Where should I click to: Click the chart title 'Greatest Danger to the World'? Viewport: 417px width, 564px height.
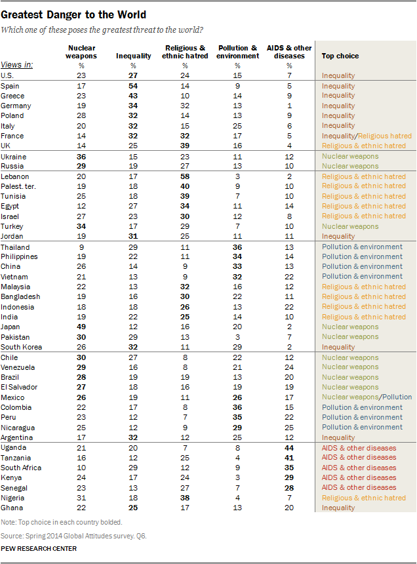pos(73,14)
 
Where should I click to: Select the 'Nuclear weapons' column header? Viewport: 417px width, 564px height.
pos(82,52)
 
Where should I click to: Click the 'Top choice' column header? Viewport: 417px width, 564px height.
pos(340,56)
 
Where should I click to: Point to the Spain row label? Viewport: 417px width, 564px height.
pos(10,86)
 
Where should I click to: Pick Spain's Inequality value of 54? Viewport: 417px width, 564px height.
pos(133,86)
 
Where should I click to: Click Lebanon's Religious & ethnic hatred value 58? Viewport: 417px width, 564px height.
pos(185,176)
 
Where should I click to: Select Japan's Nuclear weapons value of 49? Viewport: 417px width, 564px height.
pos(82,327)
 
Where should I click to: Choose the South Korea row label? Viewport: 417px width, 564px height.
pos(21,346)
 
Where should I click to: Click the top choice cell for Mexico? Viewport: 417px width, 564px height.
pos(367,397)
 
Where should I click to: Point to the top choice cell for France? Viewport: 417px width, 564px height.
pos(367,136)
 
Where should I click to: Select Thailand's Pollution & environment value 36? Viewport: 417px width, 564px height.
pos(237,247)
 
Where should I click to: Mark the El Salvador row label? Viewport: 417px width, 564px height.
pos(19,387)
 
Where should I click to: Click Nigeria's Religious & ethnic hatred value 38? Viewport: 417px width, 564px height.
pos(185,498)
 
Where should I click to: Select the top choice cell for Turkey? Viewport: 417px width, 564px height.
pos(350,226)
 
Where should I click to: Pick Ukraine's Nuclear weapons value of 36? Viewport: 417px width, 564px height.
pos(82,156)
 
